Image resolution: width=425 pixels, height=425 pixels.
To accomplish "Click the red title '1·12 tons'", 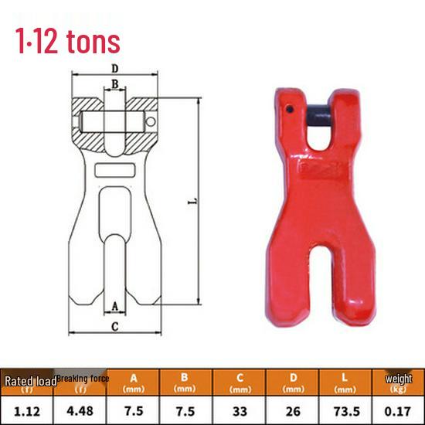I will (67, 39).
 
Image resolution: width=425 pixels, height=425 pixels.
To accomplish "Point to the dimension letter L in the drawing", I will (191, 202).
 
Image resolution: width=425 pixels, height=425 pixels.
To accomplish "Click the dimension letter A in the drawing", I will (115, 307).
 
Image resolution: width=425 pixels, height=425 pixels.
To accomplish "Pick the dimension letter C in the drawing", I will (115, 326).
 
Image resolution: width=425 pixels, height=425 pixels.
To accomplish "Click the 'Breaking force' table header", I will (83, 379).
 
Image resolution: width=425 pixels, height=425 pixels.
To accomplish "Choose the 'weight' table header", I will (398, 379).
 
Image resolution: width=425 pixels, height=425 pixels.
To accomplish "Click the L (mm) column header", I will (345, 382).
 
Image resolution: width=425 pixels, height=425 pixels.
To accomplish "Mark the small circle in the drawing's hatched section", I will (151, 122).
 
